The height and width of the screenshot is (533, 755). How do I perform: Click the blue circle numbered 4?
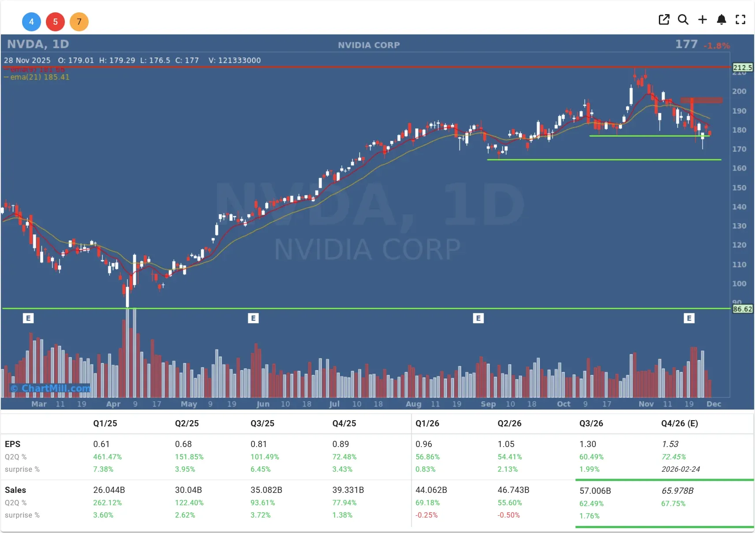point(31,22)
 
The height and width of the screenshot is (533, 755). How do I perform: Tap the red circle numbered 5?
point(55,22)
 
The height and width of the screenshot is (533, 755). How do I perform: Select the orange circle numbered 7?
point(79,22)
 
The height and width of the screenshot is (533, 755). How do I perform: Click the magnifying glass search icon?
point(683,19)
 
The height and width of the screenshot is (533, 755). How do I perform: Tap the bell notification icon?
point(721,19)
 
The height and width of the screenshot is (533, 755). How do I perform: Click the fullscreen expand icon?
point(740,19)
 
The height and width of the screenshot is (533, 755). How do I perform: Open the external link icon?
point(664,19)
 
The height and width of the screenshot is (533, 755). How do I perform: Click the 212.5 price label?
point(743,67)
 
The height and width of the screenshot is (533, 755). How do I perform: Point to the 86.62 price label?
point(743,309)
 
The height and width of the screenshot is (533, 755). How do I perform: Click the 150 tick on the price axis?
point(739,188)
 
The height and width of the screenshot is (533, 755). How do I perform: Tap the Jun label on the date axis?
point(263,404)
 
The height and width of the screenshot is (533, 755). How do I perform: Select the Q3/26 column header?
point(591,423)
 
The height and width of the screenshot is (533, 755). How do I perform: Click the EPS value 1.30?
point(587,444)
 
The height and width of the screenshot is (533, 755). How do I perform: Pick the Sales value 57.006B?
point(595,491)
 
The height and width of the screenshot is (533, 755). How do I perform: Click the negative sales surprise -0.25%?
point(426,515)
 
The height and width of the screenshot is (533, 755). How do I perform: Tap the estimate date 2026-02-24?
point(680,469)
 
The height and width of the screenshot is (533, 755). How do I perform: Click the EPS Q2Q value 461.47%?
point(107,457)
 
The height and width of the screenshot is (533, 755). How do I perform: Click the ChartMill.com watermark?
point(51,388)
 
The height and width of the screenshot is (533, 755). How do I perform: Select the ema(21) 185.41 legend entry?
point(37,77)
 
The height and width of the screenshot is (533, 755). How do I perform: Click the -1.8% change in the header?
point(717,46)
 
